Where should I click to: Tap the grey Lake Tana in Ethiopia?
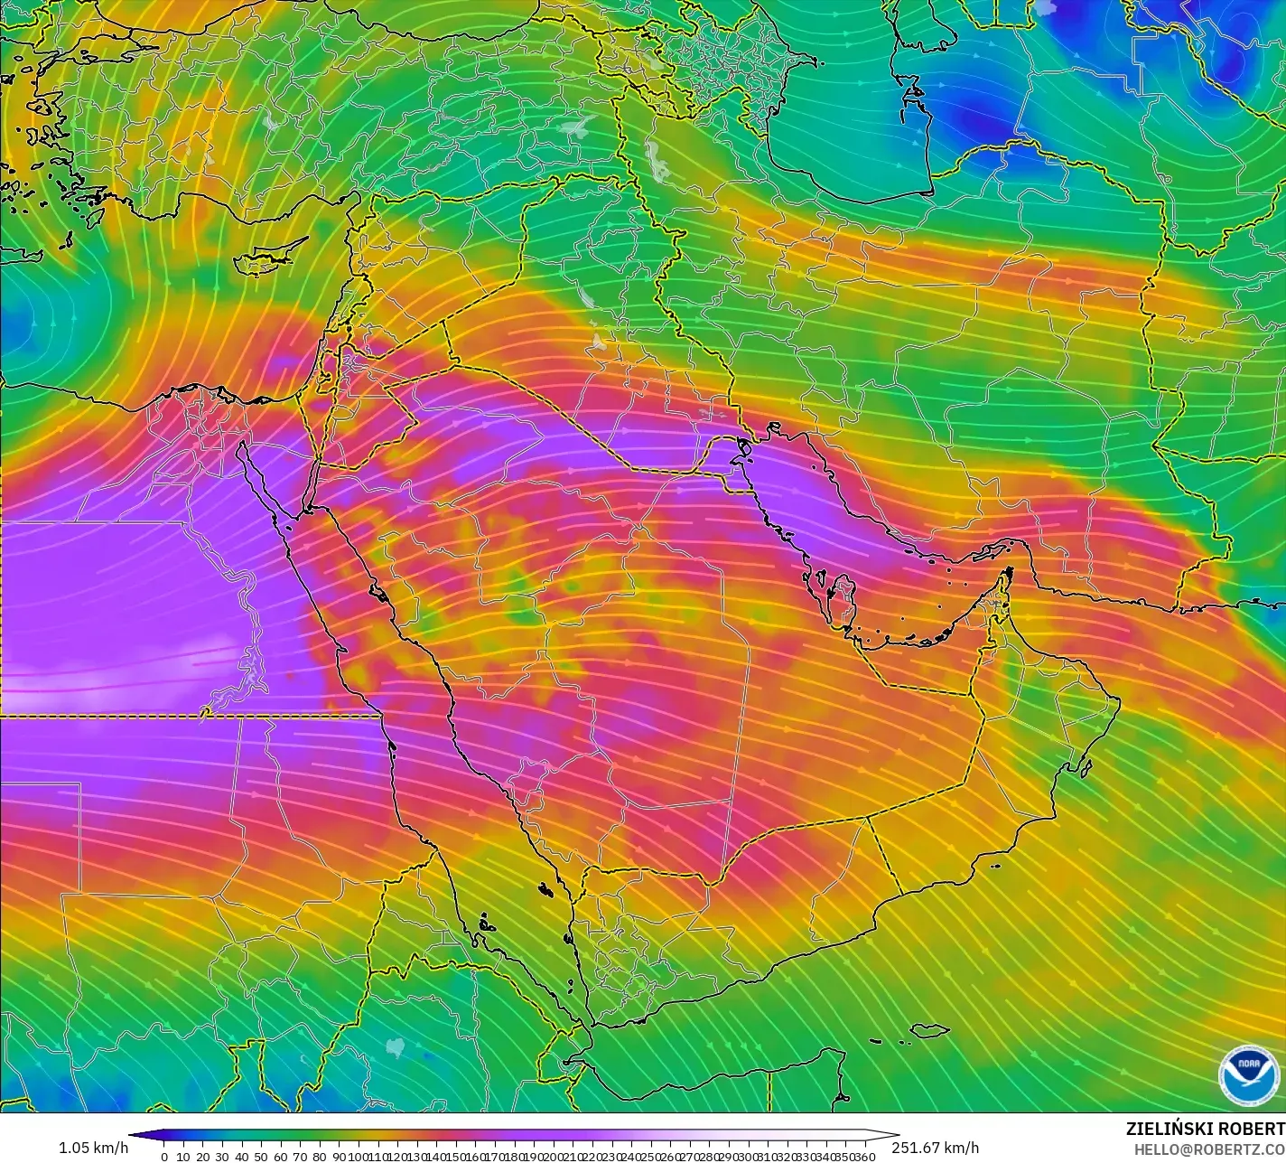pos(396,1046)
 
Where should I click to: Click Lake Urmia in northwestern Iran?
pos(657,160)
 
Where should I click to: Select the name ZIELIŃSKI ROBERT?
pos(1205,1129)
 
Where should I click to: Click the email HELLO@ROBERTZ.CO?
pos(1210,1148)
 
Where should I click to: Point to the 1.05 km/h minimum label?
pos(93,1148)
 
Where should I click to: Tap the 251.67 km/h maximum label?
pos(935,1148)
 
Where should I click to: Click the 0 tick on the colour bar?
pos(163,1156)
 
